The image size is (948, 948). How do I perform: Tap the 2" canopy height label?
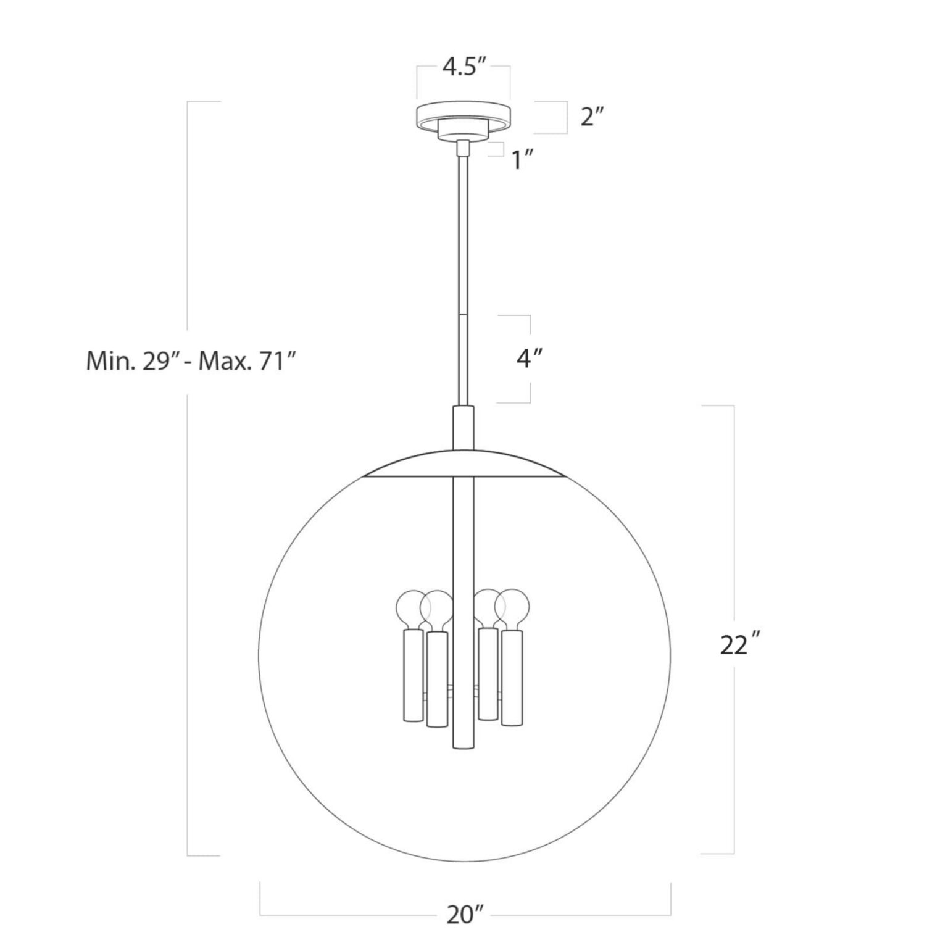point(591,116)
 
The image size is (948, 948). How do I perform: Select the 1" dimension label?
point(522,160)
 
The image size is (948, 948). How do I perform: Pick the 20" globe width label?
point(465,915)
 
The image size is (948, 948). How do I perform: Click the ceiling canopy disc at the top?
point(464,115)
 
